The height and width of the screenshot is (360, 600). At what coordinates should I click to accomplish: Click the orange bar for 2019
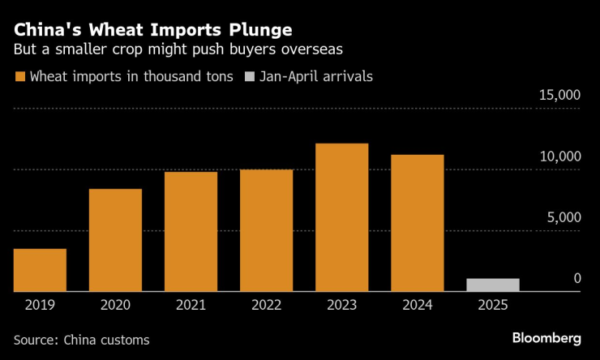click(x=40, y=270)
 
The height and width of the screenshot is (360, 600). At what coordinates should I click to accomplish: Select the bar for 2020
click(x=115, y=240)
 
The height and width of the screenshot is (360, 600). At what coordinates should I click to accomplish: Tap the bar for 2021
click(x=191, y=232)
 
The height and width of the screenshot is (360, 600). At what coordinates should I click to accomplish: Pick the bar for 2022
click(x=266, y=230)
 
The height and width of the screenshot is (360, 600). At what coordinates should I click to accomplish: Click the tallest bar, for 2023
click(x=341, y=217)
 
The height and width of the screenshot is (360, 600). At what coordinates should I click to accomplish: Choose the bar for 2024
click(x=417, y=223)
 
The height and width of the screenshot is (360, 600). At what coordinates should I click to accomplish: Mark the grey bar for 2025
click(x=492, y=285)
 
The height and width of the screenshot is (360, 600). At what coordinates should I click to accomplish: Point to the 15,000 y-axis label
click(x=559, y=96)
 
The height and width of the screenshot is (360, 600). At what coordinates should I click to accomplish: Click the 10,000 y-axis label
click(x=559, y=156)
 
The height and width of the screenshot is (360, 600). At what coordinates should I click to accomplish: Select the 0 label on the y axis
click(x=577, y=278)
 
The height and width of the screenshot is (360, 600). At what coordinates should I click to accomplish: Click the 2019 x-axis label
click(x=40, y=306)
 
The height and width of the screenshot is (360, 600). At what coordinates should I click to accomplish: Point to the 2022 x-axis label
click(x=266, y=306)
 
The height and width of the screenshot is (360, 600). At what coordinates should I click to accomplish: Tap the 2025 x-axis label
click(x=492, y=306)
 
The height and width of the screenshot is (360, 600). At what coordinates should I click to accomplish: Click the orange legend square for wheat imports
click(x=19, y=77)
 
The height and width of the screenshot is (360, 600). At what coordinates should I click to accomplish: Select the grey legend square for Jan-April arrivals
click(x=247, y=77)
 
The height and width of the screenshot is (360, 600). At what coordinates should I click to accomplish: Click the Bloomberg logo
click(x=546, y=337)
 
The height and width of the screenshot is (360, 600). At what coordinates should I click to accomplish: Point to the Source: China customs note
click(x=81, y=340)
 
